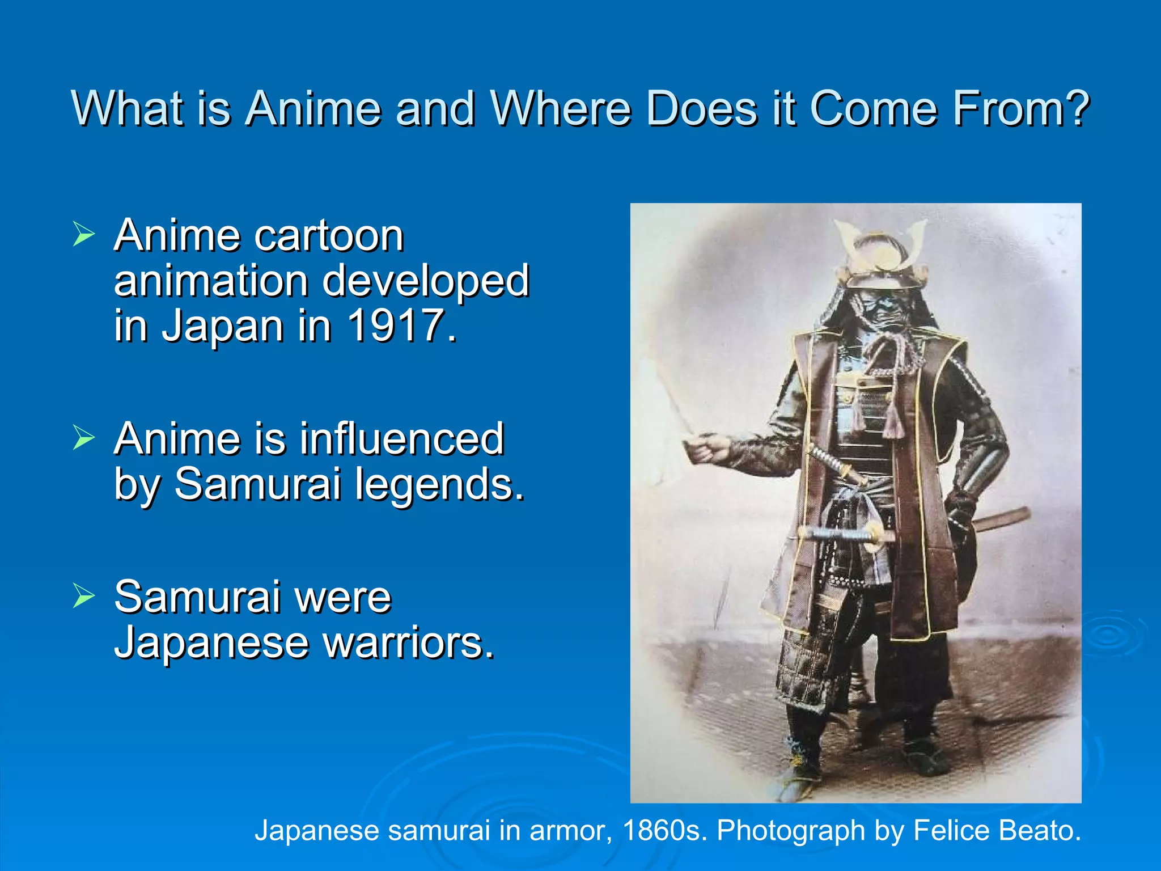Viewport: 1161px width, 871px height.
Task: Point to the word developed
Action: pos(426,281)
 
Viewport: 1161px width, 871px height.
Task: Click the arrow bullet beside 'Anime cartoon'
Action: pos(83,234)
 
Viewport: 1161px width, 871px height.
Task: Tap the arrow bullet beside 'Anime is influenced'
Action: pos(83,438)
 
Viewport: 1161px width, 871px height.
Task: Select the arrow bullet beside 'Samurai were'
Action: pos(83,596)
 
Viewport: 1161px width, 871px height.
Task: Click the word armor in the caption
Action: pos(571,831)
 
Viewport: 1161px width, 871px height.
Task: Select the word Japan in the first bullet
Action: pos(223,327)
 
